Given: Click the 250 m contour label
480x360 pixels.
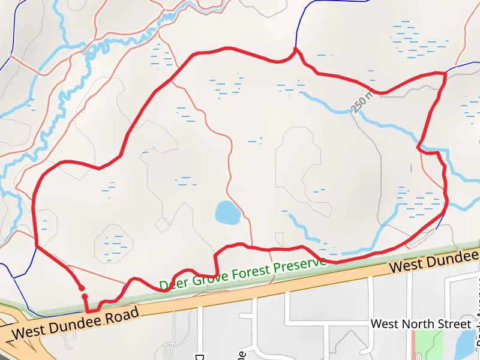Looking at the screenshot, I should [x=362, y=101].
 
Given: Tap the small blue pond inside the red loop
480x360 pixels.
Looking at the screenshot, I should [x=227, y=212].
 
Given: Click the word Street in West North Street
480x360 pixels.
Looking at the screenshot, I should [x=454, y=324].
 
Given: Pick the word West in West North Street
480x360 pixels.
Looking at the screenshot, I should [x=383, y=324].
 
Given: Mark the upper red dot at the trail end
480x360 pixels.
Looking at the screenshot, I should [x=81, y=288].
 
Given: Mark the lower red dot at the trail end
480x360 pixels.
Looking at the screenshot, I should [x=85, y=296].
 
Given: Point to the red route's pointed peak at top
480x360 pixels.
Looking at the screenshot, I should [x=295, y=49].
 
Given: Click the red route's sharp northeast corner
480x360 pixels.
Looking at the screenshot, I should [x=445, y=73].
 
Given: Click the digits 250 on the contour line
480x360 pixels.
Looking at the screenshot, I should [x=359, y=104].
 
